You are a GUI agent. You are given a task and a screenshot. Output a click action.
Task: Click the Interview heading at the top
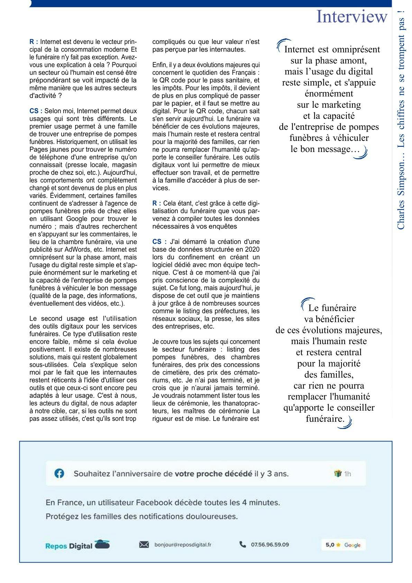(x=352, y=17)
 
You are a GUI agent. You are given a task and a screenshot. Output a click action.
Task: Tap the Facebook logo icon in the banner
(x=59, y=473)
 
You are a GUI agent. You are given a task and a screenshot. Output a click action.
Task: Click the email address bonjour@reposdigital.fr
(x=183, y=545)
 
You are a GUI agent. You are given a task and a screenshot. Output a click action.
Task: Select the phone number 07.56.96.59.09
(x=270, y=545)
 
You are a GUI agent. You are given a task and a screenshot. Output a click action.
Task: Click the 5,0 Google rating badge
(x=343, y=545)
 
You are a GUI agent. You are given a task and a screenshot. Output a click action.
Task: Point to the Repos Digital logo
(x=77, y=545)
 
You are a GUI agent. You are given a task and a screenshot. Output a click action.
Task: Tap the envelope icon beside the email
(x=144, y=545)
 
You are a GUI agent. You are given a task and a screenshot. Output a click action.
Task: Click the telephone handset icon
(x=242, y=544)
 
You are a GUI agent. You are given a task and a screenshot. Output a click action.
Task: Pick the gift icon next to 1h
(x=338, y=474)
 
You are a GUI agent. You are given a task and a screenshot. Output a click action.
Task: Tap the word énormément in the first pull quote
(x=329, y=93)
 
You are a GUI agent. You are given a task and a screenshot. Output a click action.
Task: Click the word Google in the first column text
(x=77, y=219)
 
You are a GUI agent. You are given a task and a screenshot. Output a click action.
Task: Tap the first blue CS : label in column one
(x=36, y=111)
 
